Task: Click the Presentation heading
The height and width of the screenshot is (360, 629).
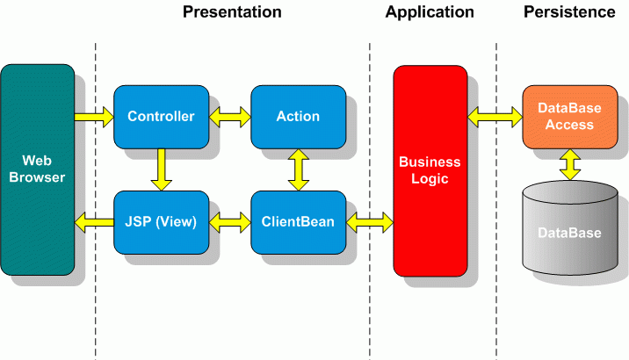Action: [x=232, y=12]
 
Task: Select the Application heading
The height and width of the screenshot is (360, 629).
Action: [x=430, y=12]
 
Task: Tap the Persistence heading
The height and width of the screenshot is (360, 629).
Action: [x=569, y=12]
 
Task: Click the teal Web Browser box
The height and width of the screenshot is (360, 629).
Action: [x=38, y=169]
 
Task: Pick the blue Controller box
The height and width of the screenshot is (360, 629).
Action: [x=162, y=117]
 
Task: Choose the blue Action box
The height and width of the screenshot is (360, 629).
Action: [x=299, y=117]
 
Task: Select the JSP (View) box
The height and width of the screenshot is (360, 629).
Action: [x=162, y=222]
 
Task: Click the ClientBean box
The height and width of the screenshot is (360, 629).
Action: [x=299, y=222]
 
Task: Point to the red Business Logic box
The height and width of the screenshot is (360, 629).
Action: [x=430, y=171]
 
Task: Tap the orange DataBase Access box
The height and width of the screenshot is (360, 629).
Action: [x=570, y=117]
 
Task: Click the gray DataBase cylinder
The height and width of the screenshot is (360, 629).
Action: [x=570, y=227]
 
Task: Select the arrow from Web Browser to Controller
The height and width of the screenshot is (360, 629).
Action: [x=94, y=117]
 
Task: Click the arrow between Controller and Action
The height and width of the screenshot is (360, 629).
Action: [x=230, y=117]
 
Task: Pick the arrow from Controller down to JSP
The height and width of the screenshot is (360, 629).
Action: [x=162, y=169]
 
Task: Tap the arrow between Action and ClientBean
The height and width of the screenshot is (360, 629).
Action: [x=299, y=169]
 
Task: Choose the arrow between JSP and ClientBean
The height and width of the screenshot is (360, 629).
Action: [x=230, y=222]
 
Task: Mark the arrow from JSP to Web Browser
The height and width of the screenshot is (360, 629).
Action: [x=94, y=222]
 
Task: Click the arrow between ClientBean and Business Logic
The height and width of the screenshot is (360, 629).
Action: [x=370, y=222]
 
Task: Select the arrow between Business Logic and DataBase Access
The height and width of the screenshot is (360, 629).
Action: [x=495, y=117]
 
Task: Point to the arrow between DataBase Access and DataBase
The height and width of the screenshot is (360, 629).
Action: [x=570, y=165]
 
